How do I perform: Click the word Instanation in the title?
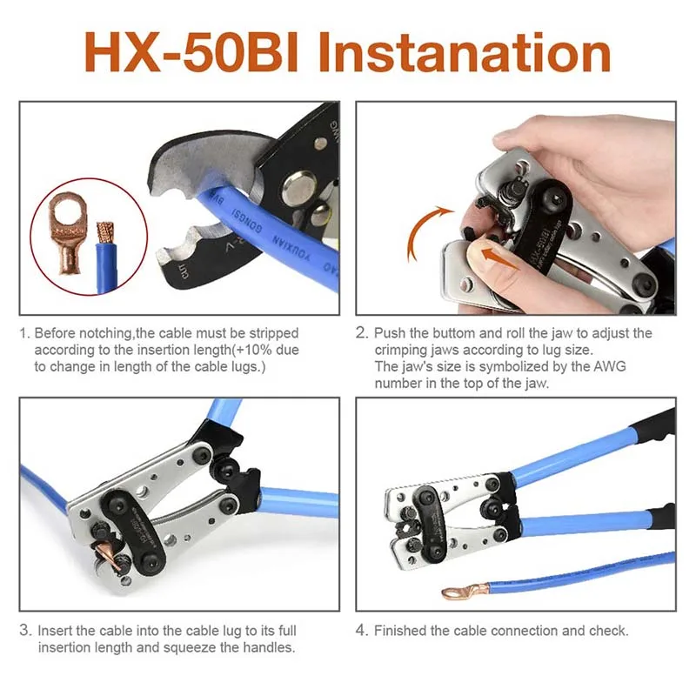[x=464, y=53]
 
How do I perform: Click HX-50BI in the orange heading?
[x=191, y=53]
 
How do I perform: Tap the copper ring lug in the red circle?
[x=68, y=231]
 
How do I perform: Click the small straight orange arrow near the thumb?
[x=499, y=258]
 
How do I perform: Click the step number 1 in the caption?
[x=24, y=333]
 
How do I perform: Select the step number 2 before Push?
[x=361, y=333]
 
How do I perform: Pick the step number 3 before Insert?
[x=25, y=630]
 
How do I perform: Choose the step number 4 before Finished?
[x=362, y=630]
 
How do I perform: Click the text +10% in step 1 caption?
[x=253, y=351]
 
